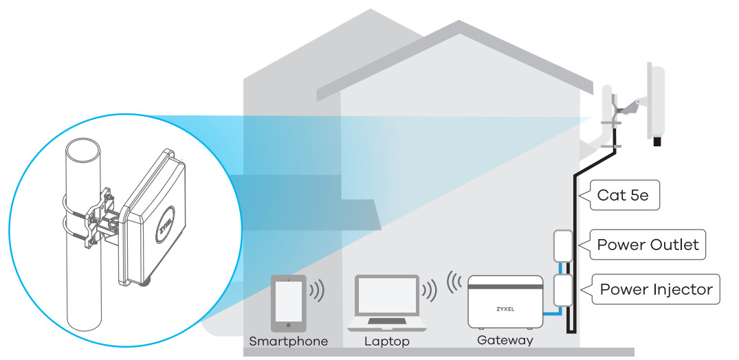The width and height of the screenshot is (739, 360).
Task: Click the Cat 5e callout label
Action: coord(623,195)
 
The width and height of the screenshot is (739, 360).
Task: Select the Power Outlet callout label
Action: coord(648,245)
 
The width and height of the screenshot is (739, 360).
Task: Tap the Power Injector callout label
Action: coord(656,289)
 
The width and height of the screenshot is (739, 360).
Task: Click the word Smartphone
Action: coord(289,341)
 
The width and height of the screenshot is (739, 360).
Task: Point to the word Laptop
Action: coord(387,341)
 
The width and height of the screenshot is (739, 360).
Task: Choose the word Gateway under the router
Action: coord(505,340)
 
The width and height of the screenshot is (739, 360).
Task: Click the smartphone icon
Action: coord(289,304)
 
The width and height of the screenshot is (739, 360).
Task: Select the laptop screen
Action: coord(387,295)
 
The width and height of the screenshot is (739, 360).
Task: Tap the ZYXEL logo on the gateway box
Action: coord(505,310)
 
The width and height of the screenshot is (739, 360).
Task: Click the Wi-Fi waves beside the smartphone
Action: coord(317,290)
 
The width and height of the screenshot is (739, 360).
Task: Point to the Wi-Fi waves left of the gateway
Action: coord(454,281)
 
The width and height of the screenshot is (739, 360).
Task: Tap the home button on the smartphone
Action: coord(289,325)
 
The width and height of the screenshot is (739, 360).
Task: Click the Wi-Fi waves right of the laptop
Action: coord(430,291)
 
